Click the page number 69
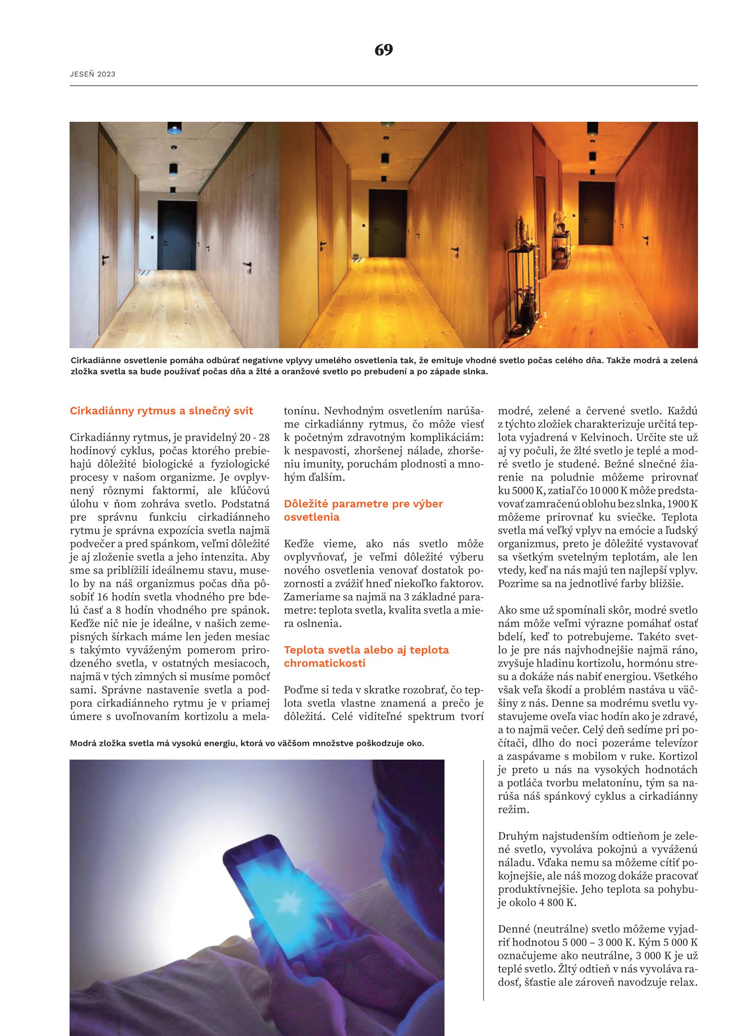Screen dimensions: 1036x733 [x=384, y=50]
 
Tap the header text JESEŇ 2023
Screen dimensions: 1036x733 [x=93, y=74]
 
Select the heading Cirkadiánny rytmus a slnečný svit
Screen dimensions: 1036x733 [x=161, y=411]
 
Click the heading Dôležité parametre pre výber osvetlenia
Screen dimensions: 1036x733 [x=363, y=510]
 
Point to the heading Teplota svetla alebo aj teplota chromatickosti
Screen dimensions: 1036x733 [x=366, y=656]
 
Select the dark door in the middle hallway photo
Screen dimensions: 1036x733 [x=387, y=223]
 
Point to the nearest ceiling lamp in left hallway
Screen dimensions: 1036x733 [x=175, y=128]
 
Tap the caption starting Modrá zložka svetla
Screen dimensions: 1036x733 [x=246, y=743]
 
